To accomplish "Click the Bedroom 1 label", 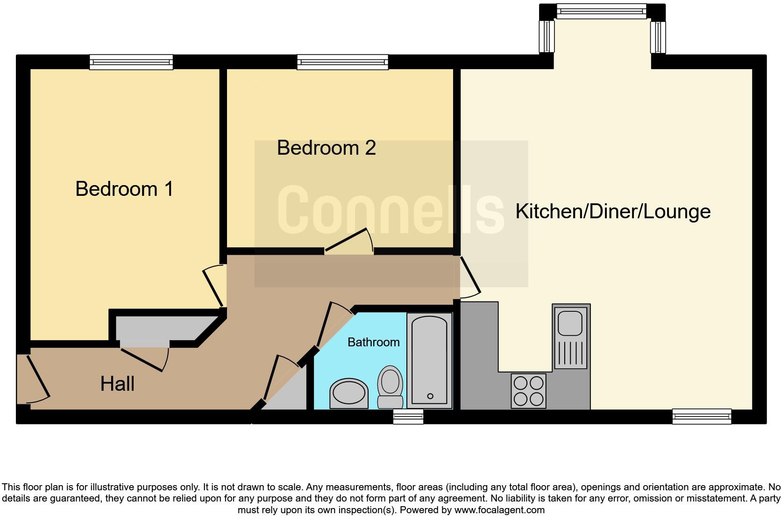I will [x=124, y=189].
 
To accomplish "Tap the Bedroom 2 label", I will [x=326, y=148].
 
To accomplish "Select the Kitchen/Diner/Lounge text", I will [x=613, y=211].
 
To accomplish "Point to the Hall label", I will [x=117, y=384].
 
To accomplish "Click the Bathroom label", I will [x=373, y=342].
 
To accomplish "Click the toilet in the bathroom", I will [x=390, y=387].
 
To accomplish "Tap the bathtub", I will [x=429, y=360].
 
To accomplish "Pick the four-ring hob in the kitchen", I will [x=528, y=391].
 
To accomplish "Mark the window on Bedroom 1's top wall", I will [x=131, y=62].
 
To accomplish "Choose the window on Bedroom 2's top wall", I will [x=342, y=62].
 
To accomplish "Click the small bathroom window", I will [x=408, y=416].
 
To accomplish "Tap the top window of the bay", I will [x=602, y=11].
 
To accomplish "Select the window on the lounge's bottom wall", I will [x=701, y=416].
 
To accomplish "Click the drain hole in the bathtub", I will [x=430, y=396].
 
